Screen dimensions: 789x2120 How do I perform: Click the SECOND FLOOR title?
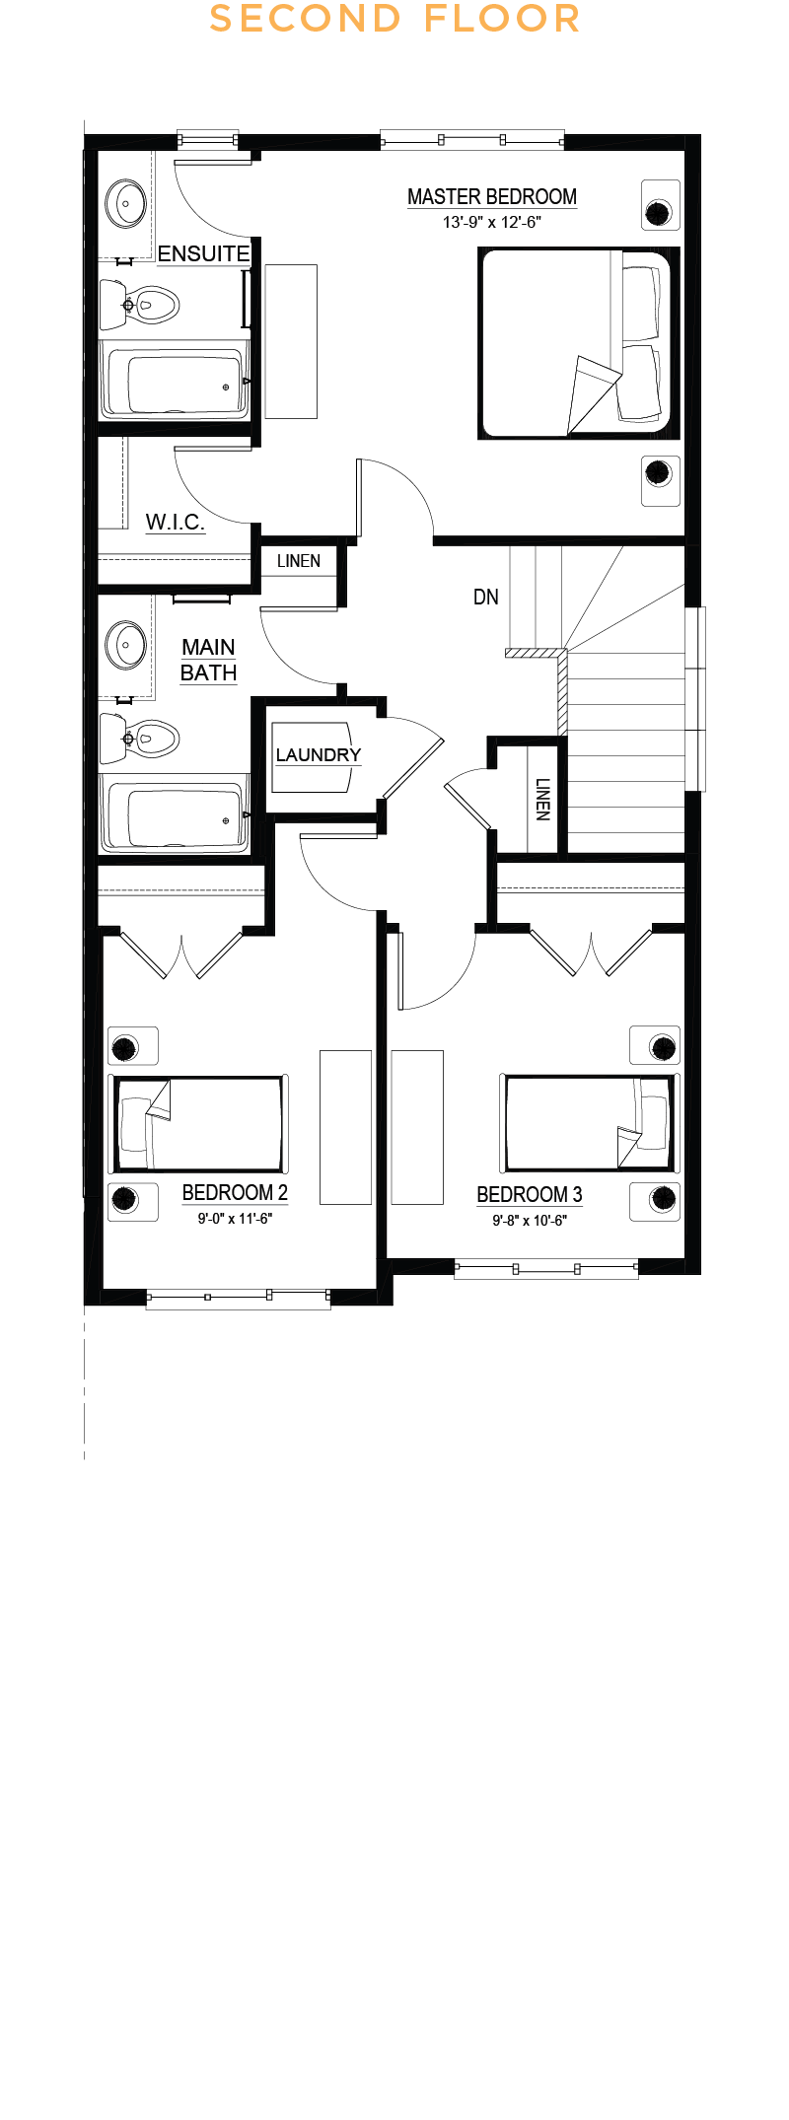click(x=394, y=19)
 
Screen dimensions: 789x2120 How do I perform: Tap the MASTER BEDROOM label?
click(x=492, y=197)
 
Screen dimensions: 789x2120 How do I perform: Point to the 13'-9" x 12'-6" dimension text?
click(x=492, y=223)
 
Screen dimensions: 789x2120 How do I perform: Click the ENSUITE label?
click(x=203, y=253)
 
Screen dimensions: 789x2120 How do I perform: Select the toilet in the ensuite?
click(x=139, y=305)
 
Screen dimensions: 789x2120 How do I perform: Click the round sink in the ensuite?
click(x=126, y=204)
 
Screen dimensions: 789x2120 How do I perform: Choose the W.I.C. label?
click(x=176, y=522)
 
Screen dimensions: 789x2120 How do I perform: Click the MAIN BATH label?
click(x=208, y=660)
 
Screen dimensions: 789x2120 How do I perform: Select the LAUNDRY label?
click(x=318, y=754)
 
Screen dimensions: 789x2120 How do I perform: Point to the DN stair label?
click(x=486, y=597)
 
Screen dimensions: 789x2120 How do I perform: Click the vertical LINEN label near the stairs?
click(x=542, y=800)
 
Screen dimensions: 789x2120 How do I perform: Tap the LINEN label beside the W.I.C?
click(x=299, y=561)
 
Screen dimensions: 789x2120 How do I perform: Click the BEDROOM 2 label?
click(x=235, y=1193)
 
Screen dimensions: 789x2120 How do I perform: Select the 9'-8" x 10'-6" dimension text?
click(x=530, y=1221)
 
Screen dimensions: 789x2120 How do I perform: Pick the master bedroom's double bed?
click(x=579, y=342)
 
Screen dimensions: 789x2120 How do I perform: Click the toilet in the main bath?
click(x=139, y=738)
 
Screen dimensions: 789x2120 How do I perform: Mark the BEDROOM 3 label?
click(x=530, y=1195)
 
